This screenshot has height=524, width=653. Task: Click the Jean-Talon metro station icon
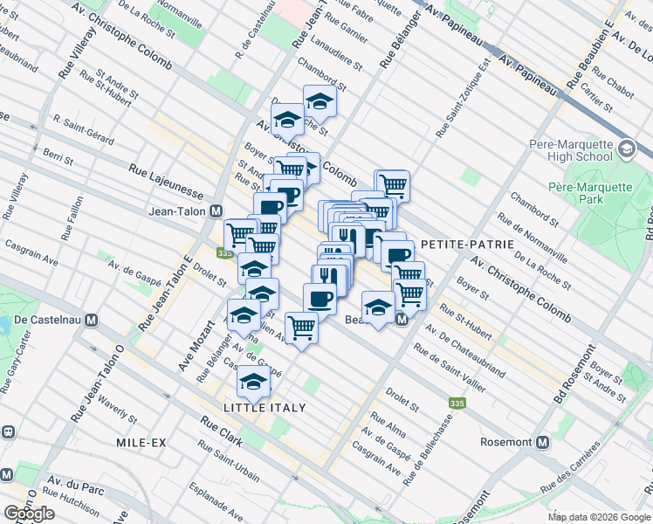[x=217, y=210]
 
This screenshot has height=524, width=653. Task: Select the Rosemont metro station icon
[x=542, y=442]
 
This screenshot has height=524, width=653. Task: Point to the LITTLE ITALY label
[x=265, y=408]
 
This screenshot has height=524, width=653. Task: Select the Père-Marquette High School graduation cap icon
[x=626, y=149]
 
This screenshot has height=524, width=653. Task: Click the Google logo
[x=29, y=514]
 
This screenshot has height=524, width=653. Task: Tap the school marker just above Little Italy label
[x=254, y=380]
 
